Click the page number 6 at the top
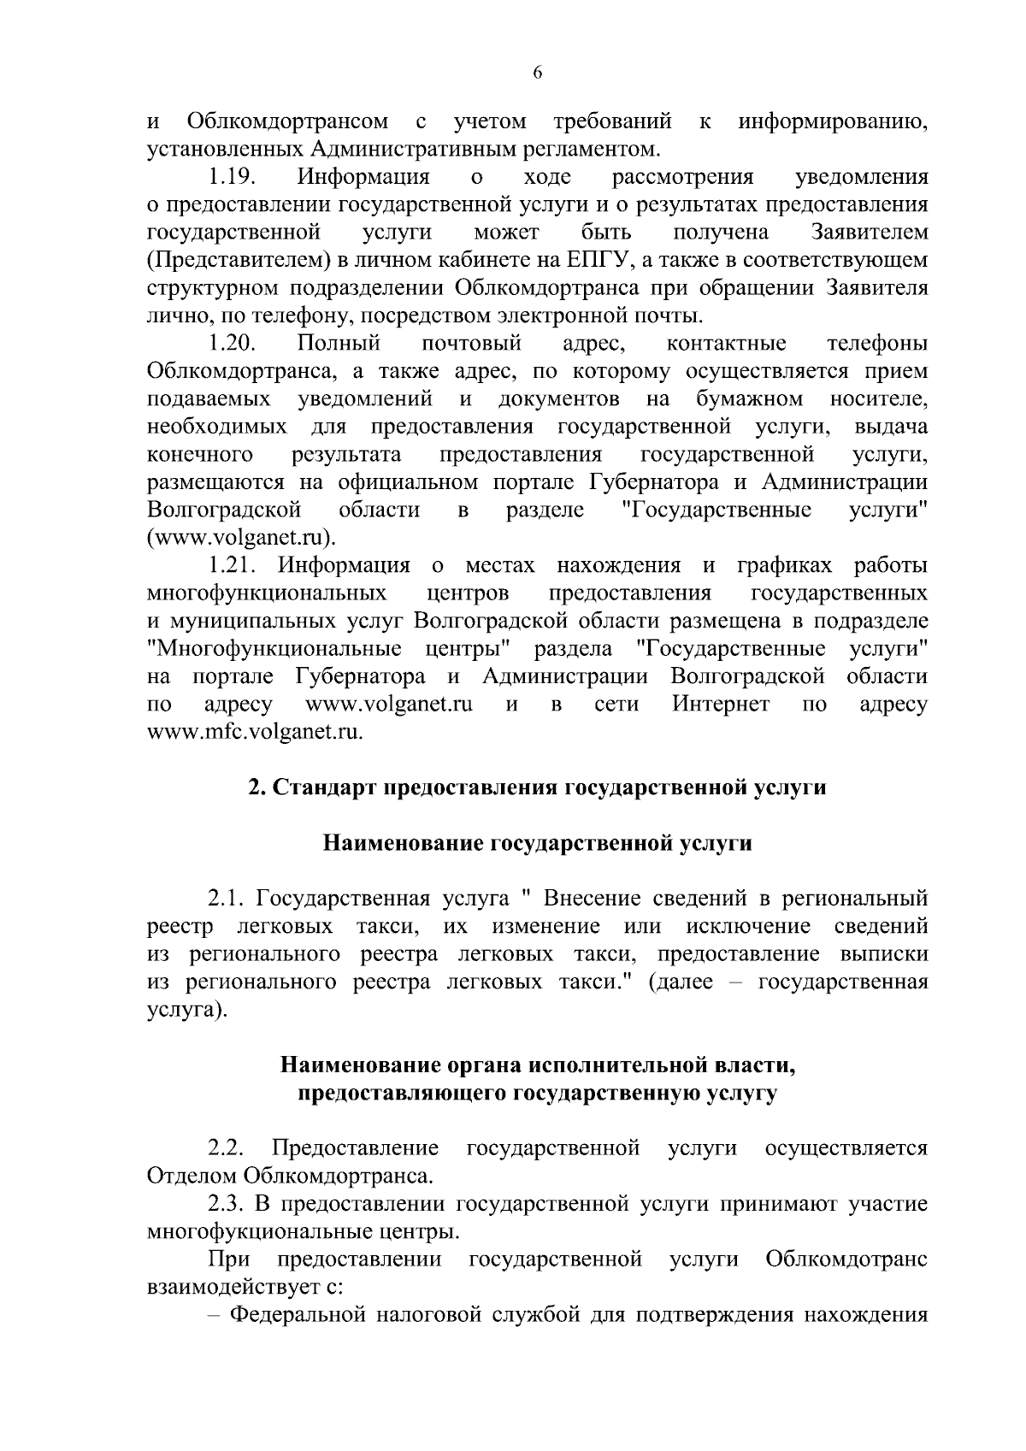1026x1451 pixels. [538, 74]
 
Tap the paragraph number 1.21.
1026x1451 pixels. [233, 566]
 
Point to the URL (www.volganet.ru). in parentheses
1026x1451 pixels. [242, 538]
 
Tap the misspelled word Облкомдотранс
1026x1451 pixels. [846, 1259]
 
